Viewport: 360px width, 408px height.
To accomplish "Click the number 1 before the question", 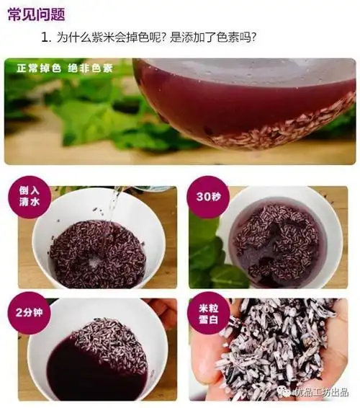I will click(x=45, y=37).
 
